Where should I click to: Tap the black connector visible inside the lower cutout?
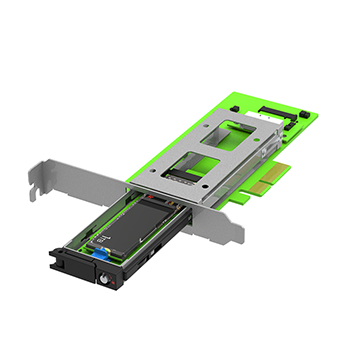coord(186,176)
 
